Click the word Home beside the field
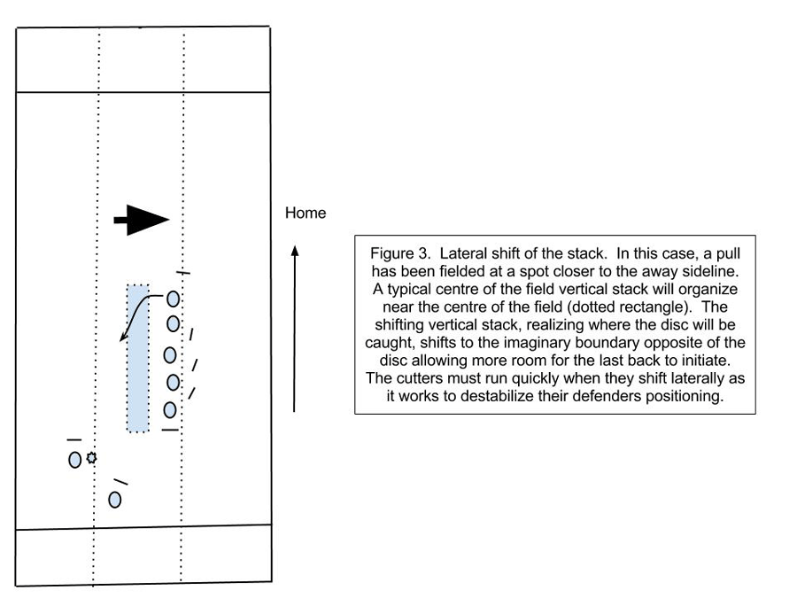(x=306, y=213)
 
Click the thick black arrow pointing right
(x=142, y=220)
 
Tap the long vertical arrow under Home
(x=294, y=329)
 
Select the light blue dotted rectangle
(x=138, y=358)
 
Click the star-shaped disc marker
(x=91, y=458)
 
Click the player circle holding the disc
(x=74, y=460)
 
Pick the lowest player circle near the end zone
(x=115, y=500)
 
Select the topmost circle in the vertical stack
(x=173, y=299)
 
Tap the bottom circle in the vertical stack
(x=170, y=410)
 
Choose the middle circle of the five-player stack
(x=170, y=355)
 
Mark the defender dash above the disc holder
(x=74, y=439)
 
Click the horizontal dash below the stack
(x=170, y=431)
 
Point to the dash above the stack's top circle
(x=183, y=273)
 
